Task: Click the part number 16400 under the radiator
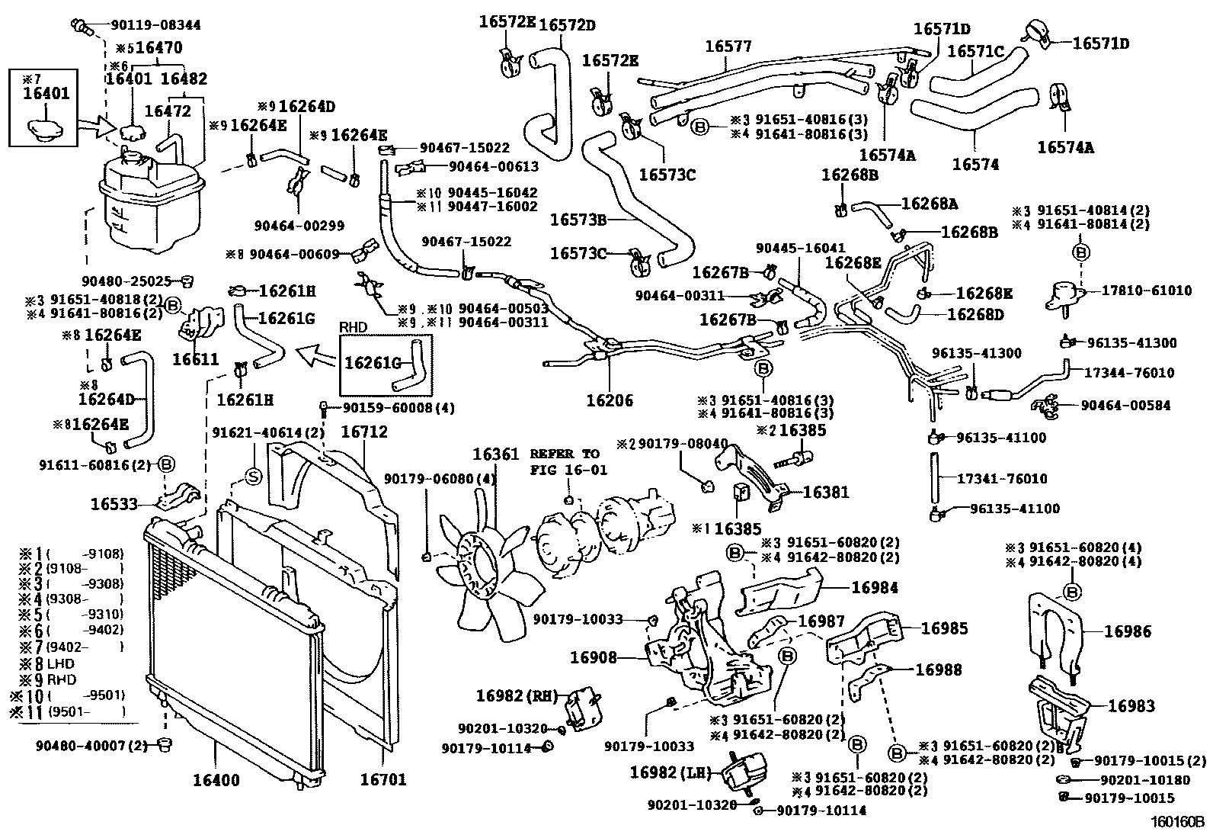(x=216, y=780)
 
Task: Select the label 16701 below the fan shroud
(x=382, y=779)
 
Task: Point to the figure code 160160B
(x=1176, y=823)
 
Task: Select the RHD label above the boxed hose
(x=353, y=327)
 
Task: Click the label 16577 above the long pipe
(x=728, y=47)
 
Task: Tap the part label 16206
(x=610, y=400)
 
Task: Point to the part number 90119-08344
(x=150, y=24)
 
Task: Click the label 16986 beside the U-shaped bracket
(x=1127, y=631)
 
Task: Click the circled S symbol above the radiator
(x=253, y=477)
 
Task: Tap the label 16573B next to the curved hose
(x=578, y=220)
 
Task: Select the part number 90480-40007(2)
(x=91, y=744)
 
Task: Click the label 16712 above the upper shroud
(x=363, y=432)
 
